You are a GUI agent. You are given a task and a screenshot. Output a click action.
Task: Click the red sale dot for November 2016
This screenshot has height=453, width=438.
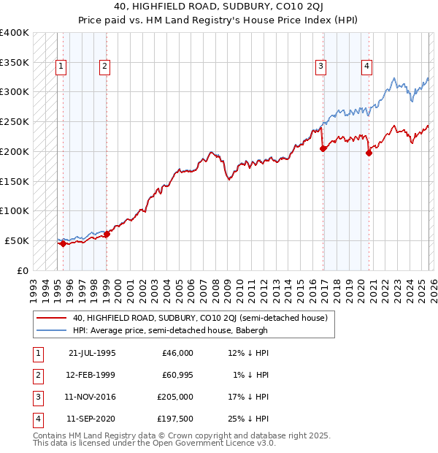pos(323,148)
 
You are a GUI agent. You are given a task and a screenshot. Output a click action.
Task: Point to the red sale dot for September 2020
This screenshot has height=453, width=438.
pos(369,153)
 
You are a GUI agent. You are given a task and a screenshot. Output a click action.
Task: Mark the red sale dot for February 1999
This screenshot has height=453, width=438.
pos(107,235)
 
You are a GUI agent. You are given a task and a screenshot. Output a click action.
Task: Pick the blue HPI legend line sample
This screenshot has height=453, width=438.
pos(51,330)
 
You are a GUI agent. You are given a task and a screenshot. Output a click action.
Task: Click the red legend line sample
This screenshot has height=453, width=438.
pos(51,318)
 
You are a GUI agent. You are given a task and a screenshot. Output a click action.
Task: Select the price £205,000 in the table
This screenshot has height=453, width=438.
pos(175,397)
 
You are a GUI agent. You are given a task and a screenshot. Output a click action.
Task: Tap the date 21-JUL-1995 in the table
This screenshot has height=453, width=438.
pos(92,353)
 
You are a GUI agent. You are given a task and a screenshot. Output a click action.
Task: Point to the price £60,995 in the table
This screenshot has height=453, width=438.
pos(175,375)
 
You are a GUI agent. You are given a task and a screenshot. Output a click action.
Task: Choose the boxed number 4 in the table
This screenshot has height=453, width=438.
pos(36,419)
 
